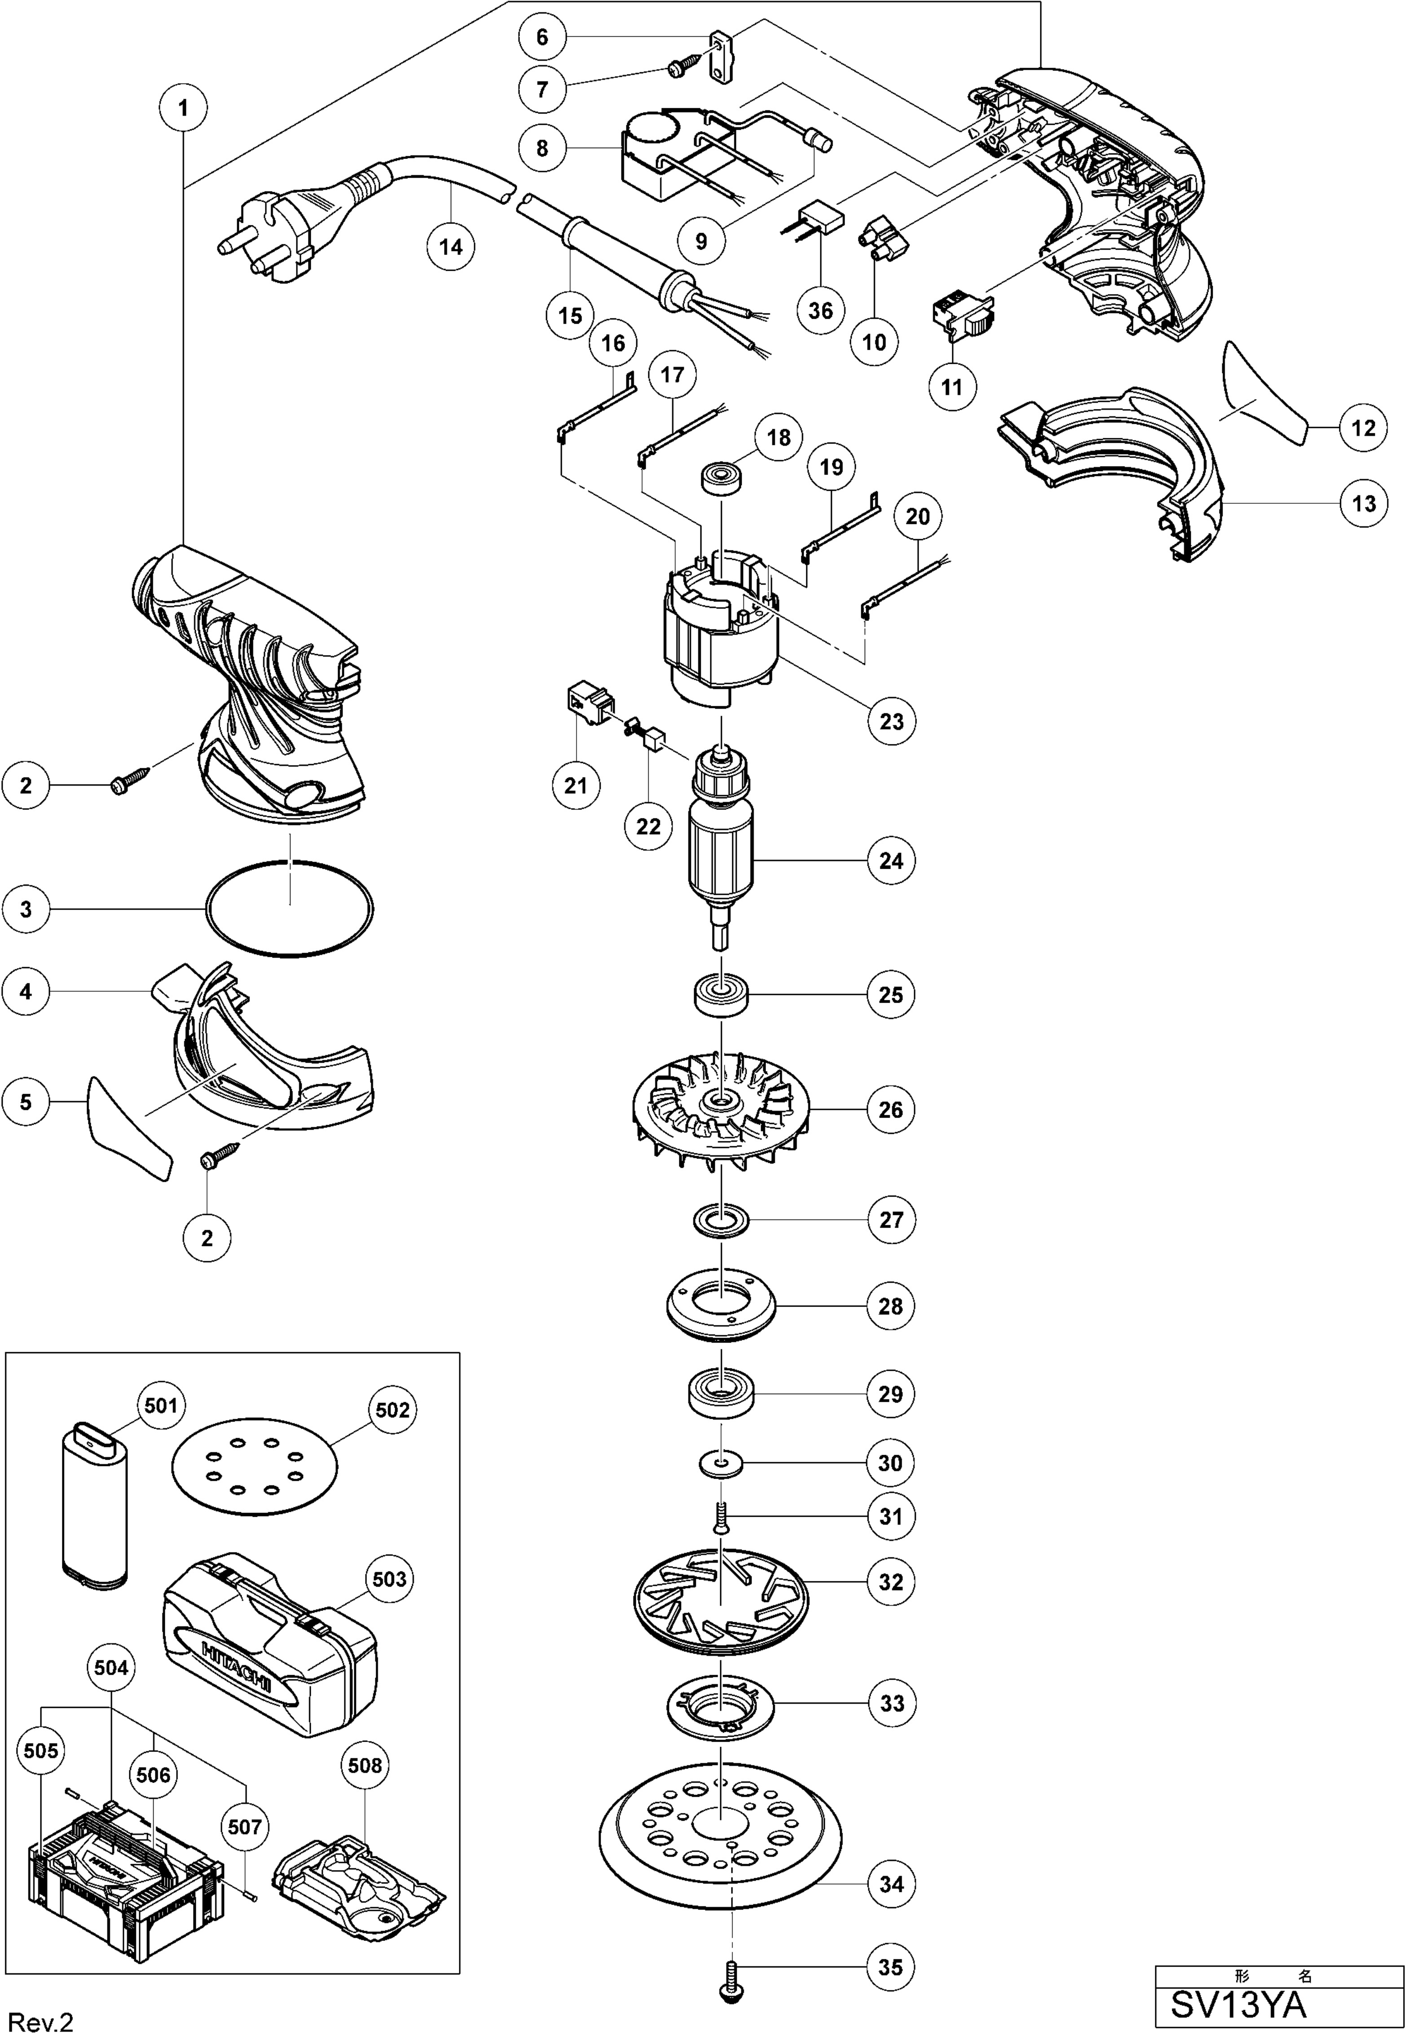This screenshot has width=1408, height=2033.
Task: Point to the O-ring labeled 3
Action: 289,908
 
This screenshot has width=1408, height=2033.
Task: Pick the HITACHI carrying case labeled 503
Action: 269,1645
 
